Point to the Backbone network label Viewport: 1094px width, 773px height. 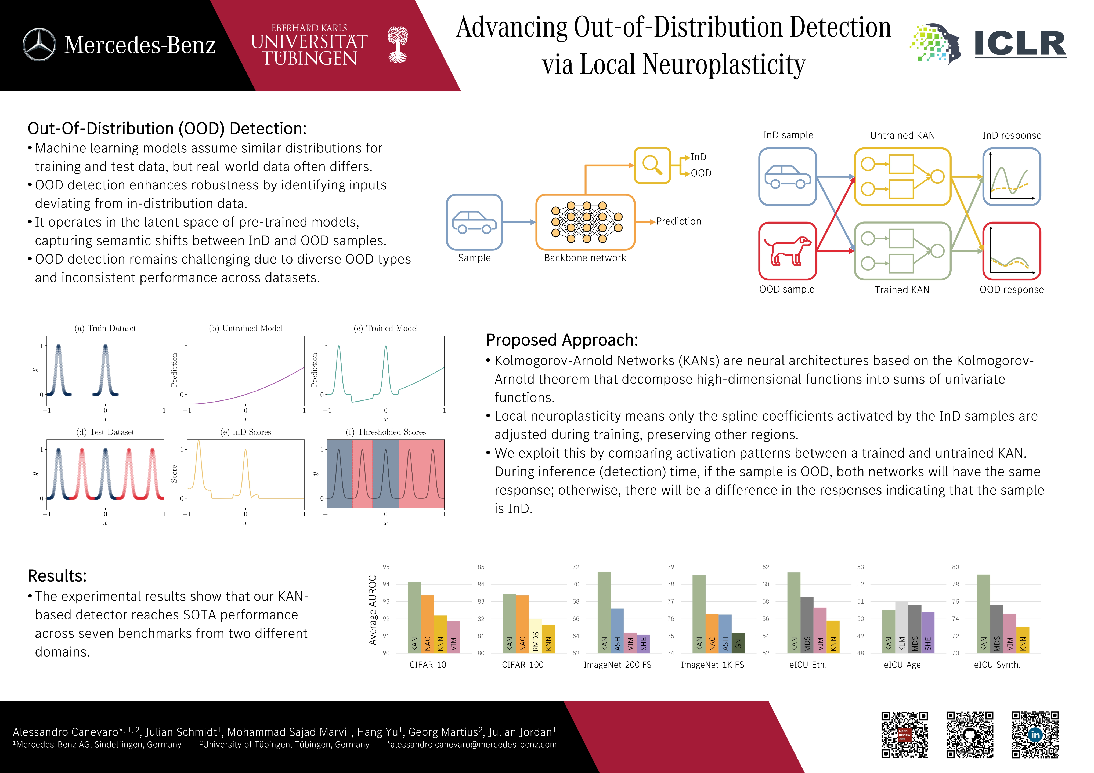pos(585,258)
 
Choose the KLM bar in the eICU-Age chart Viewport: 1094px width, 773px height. pos(901,627)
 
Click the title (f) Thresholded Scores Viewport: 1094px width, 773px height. pos(385,432)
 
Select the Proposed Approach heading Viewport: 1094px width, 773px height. pos(561,340)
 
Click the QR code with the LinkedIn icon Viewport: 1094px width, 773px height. pos(1035,734)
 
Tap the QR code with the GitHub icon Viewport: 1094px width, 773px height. pos(970,734)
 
